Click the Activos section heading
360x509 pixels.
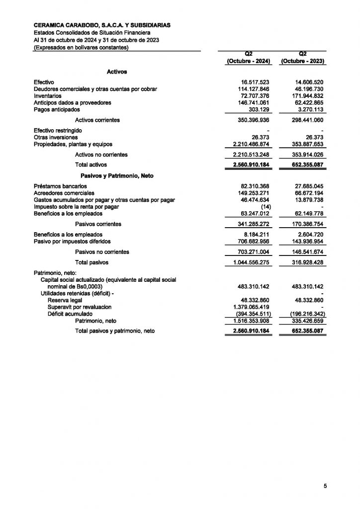tap(117, 72)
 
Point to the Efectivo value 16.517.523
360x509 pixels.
tap(255, 82)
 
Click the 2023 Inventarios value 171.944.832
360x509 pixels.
tap(306, 95)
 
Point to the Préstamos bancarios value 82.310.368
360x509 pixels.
tap(255, 186)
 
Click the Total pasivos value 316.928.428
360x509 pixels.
tap(306, 262)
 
